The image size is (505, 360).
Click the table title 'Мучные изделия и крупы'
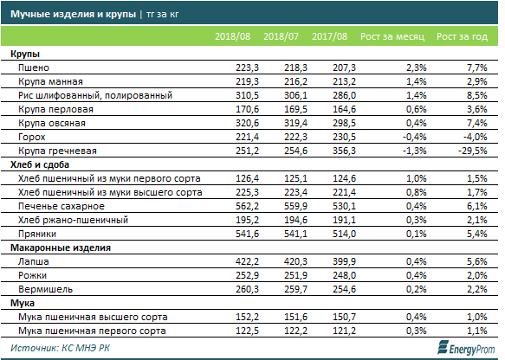tap(73, 14)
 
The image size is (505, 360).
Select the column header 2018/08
tap(232, 36)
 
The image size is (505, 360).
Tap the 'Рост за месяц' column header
tap(392, 36)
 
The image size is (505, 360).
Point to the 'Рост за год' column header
tap(462, 36)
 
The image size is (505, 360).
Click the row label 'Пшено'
tap(34, 67)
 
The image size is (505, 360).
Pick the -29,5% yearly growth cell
tap(473, 151)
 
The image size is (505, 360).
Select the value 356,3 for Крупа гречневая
tap(344, 151)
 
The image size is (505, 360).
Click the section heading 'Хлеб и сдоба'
tap(40, 164)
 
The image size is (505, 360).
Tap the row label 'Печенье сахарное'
tap(62, 206)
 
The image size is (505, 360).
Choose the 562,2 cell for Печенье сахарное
tap(247, 206)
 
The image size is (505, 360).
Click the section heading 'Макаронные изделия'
tap(61, 247)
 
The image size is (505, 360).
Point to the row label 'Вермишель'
tap(45, 289)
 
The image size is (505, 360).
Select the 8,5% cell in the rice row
tap(477, 95)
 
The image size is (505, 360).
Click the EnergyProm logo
tap(466, 348)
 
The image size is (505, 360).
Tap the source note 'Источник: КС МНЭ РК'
tap(60, 348)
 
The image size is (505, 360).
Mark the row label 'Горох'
tap(31, 137)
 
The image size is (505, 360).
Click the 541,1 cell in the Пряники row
tap(295, 234)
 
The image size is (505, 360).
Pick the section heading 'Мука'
tap(23, 303)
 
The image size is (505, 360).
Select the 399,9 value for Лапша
tap(344, 261)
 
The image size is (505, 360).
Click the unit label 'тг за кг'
tap(162, 15)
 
